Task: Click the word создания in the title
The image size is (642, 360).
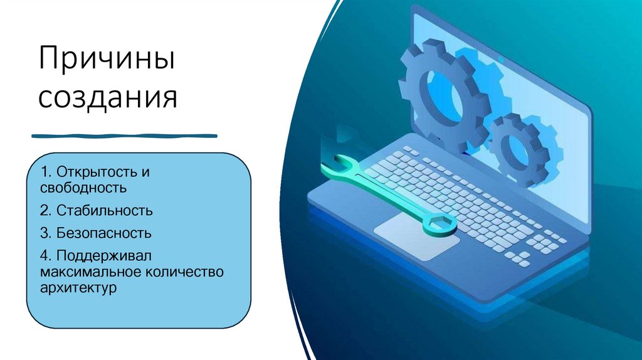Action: point(108,98)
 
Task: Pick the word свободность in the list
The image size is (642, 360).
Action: point(83,187)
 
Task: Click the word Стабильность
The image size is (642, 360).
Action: point(104,210)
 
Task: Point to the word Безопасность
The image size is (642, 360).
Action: point(103,233)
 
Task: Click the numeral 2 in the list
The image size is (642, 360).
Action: point(43,210)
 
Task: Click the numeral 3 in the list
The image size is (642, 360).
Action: point(43,233)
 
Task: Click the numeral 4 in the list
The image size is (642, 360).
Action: point(43,257)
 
